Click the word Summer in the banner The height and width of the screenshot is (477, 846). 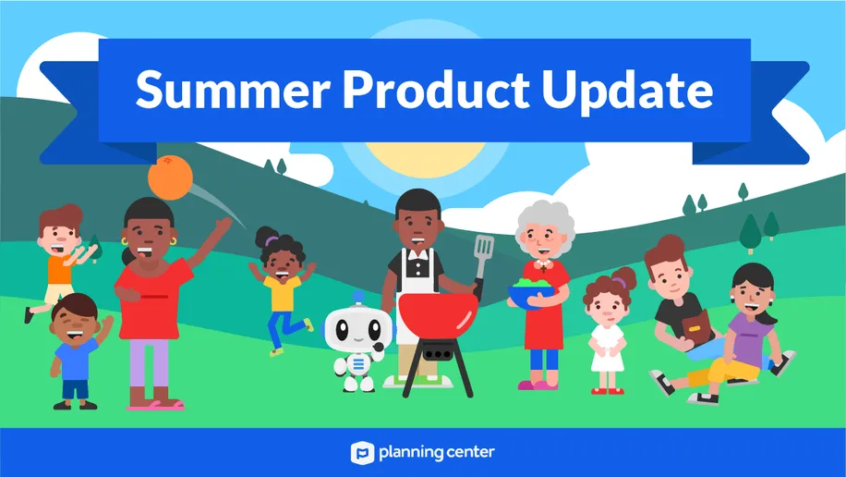tap(233, 90)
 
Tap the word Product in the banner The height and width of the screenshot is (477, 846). tap(436, 89)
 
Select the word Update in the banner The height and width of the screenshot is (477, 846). tap(627, 92)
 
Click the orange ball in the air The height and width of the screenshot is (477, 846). tap(171, 177)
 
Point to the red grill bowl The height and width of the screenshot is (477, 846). tap(438, 317)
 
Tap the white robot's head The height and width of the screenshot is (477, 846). tap(358, 328)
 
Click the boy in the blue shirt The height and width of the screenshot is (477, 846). tap(76, 351)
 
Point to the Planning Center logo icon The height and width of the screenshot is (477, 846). tap(363, 453)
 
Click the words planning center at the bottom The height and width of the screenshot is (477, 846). tap(436, 453)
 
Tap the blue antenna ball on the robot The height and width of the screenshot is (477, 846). tap(358, 297)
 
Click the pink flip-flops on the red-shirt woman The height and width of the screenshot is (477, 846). tap(155, 405)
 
